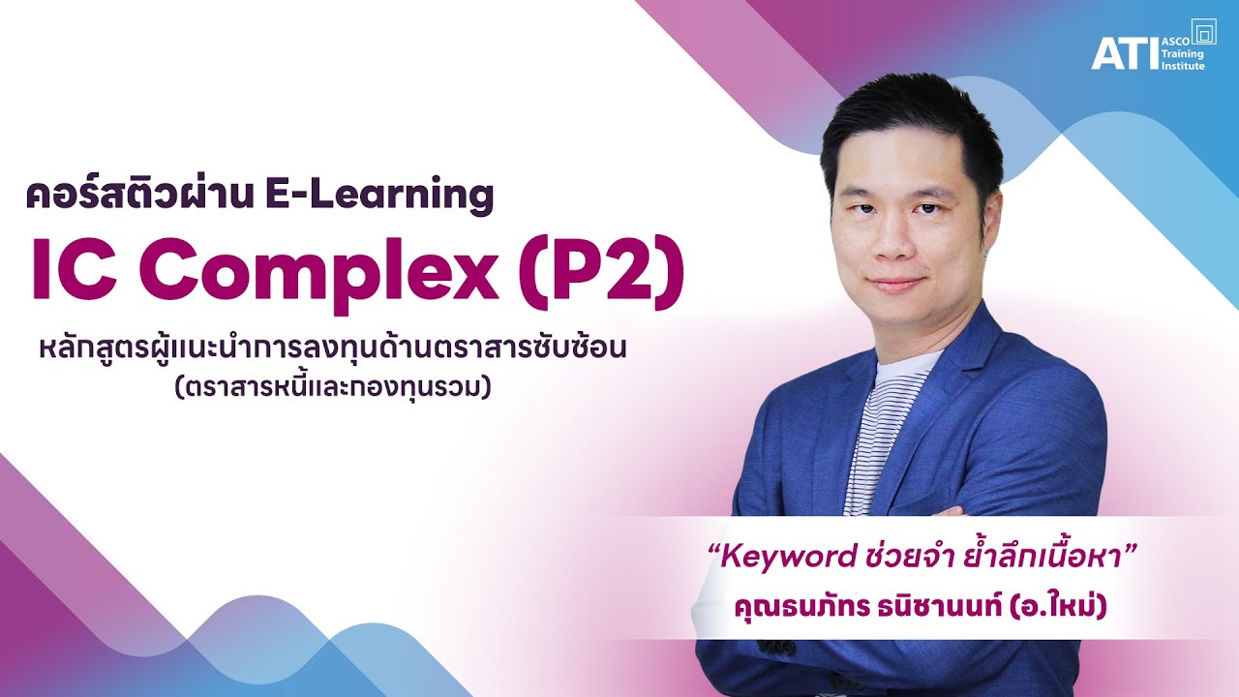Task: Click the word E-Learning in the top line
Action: coord(378,196)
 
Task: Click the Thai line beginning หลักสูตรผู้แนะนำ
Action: coord(328,347)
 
